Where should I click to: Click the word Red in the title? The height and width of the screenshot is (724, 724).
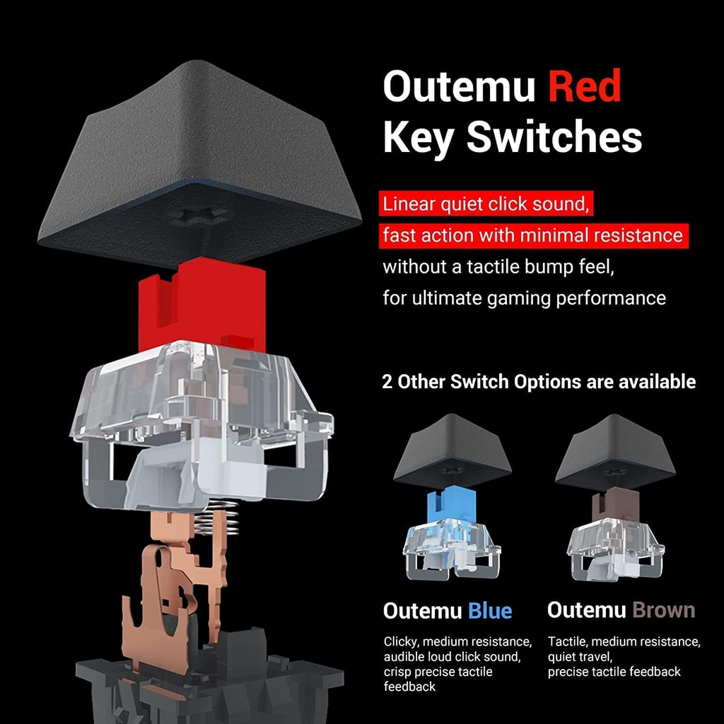click(585, 87)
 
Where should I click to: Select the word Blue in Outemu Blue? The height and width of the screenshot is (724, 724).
click(490, 610)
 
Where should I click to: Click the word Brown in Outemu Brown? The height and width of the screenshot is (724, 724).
click(664, 610)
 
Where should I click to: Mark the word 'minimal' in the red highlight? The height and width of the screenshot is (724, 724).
click(556, 235)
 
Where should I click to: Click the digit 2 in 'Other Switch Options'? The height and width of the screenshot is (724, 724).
click(387, 383)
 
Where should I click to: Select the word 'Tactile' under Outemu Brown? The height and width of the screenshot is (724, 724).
click(567, 642)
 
